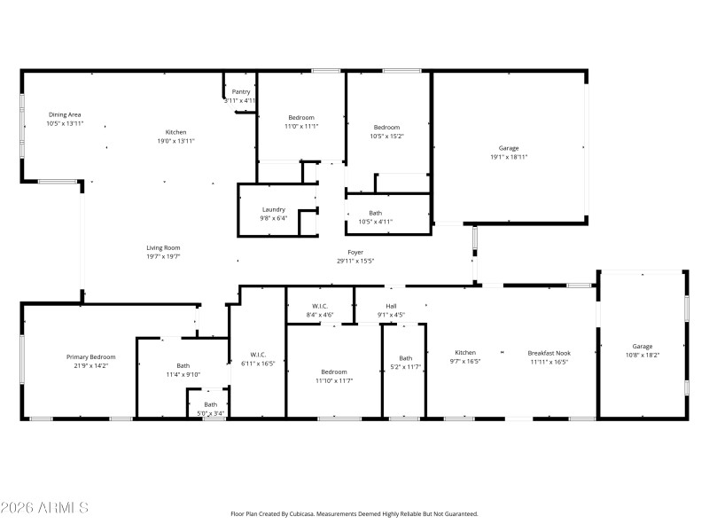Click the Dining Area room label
65,114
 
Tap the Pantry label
241,92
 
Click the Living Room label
164,248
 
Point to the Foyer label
355,253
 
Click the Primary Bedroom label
90,356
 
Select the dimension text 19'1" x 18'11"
509,157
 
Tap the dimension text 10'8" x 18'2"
643,355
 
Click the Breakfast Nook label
549,352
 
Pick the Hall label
391,306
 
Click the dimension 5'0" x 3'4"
210,412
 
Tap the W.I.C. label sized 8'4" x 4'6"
319,306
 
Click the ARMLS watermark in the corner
44,508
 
